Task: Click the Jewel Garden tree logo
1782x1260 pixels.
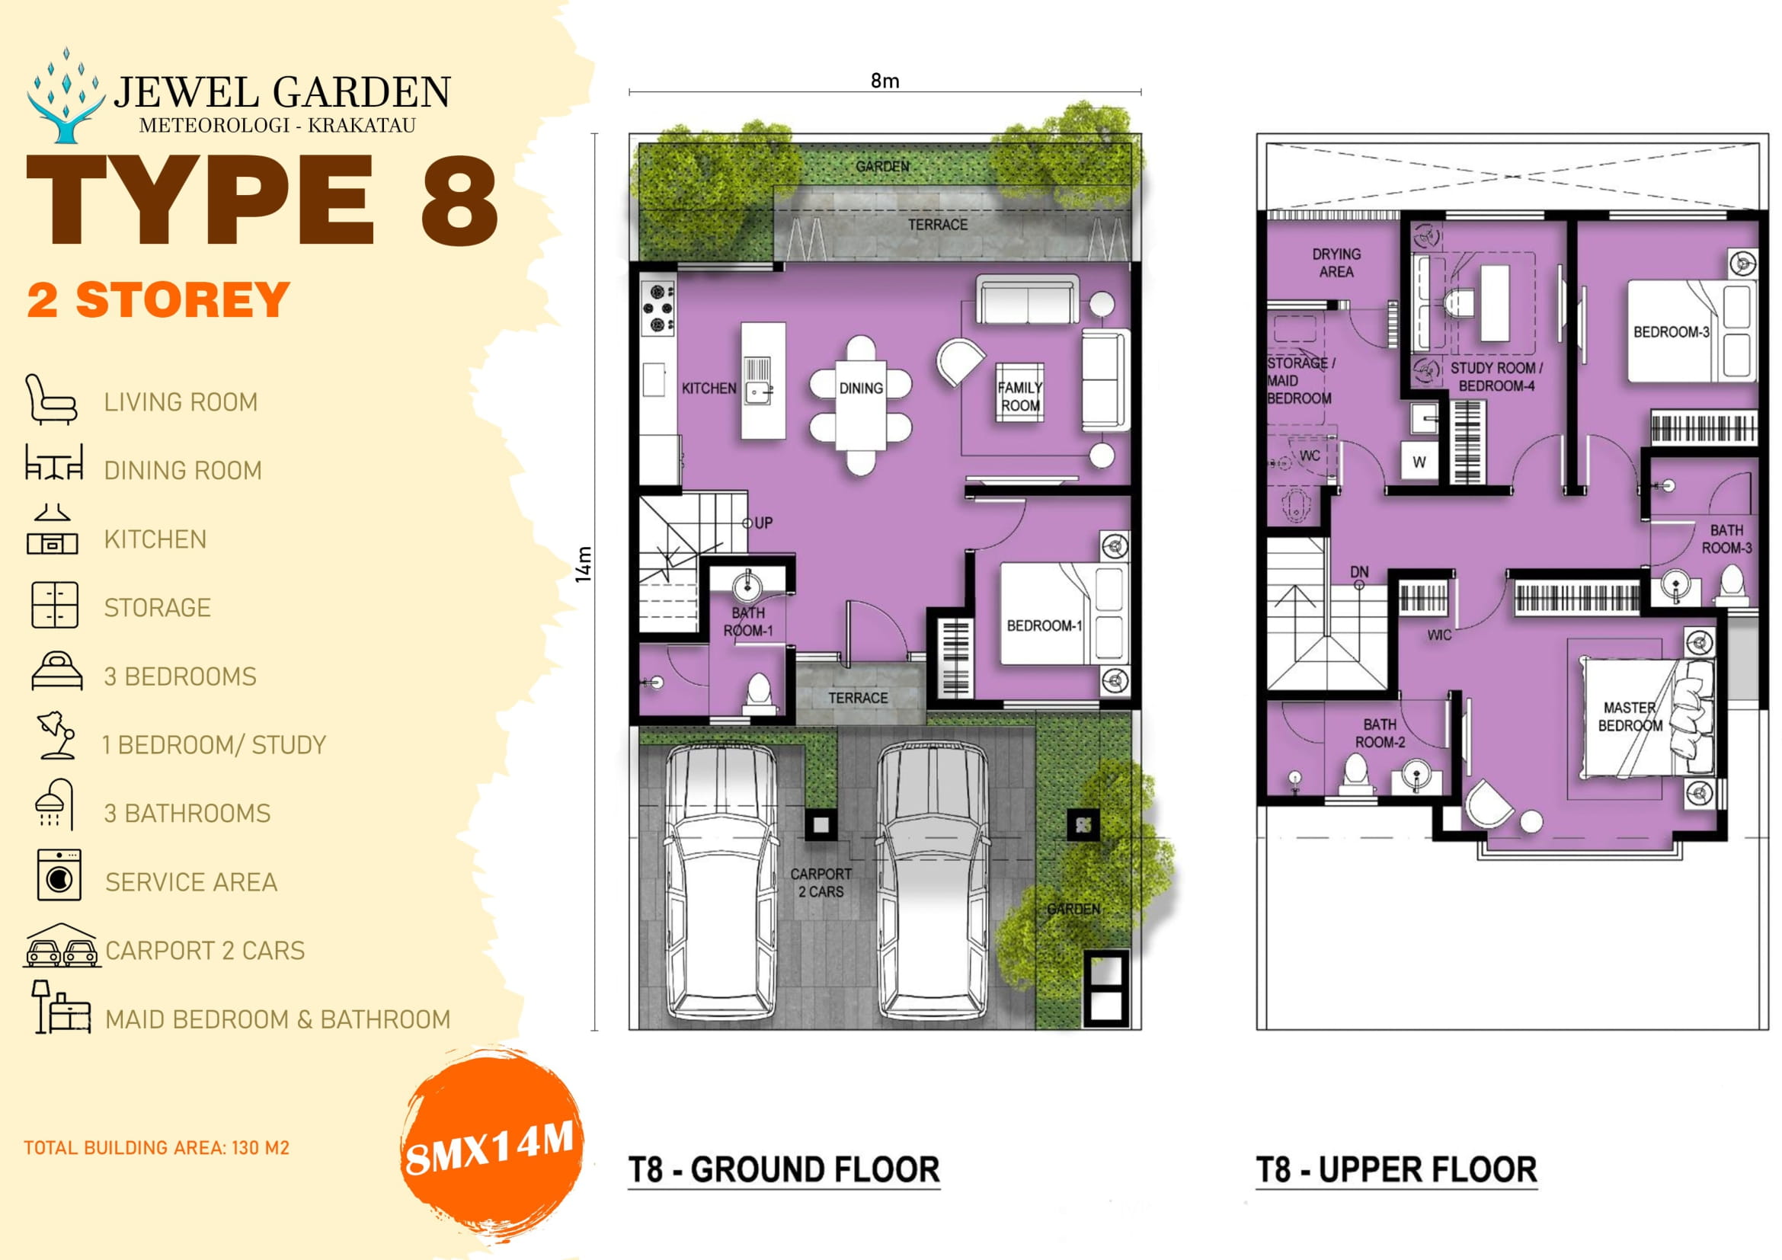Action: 66,97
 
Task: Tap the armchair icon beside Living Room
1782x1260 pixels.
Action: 50,400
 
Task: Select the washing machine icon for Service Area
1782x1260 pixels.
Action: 59,875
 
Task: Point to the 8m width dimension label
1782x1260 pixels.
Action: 885,81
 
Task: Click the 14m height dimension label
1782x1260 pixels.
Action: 584,564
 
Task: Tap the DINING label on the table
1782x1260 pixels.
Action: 861,388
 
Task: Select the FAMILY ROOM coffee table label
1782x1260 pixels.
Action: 1020,395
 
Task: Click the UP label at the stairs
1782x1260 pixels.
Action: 763,523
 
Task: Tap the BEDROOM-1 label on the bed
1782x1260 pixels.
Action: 1044,625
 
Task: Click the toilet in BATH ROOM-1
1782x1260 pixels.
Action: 758,690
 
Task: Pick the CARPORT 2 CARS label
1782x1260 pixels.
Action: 821,882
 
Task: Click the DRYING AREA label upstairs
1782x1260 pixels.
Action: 1336,263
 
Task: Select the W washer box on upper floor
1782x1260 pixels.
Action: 1419,462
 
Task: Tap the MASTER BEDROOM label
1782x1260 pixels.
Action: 1630,716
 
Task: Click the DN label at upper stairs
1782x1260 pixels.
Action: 1359,572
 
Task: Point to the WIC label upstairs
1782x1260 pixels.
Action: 1439,635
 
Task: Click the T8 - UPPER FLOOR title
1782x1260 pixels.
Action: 1396,1169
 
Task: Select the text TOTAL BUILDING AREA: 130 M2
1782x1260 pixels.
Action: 156,1147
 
